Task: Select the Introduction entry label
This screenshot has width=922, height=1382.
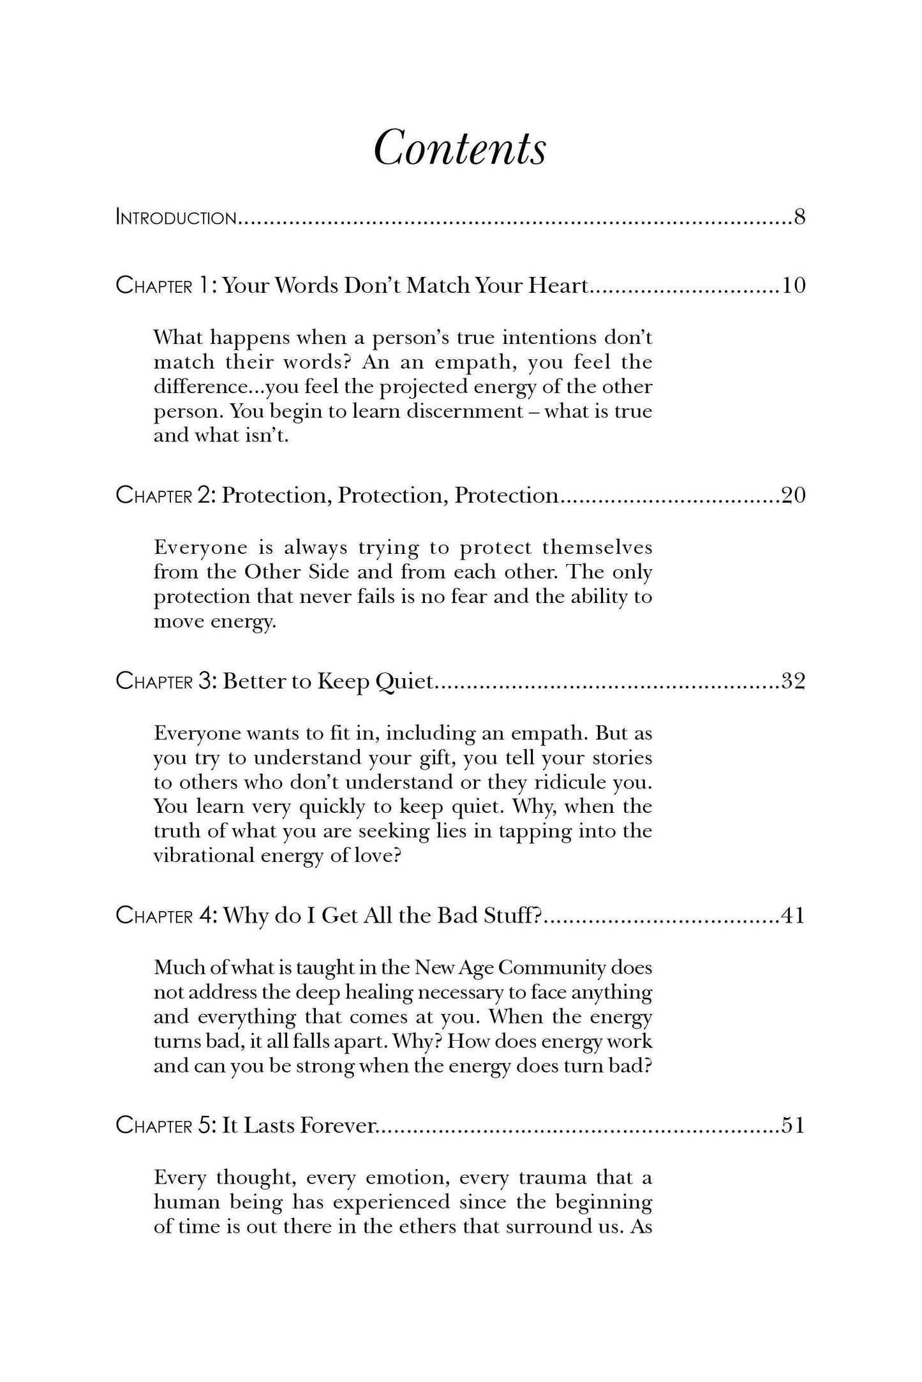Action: (x=176, y=218)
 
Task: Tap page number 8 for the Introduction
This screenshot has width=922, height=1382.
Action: (x=799, y=218)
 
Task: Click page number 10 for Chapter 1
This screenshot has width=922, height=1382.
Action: (x=794, y=285)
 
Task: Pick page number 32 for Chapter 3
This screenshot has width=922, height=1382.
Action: (x=793, y=682)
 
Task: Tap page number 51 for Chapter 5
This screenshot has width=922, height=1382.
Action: (x=793, y=1126)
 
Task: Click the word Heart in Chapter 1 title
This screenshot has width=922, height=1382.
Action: (x=557, y=285)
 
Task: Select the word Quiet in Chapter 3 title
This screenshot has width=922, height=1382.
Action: (x=405, y=683)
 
